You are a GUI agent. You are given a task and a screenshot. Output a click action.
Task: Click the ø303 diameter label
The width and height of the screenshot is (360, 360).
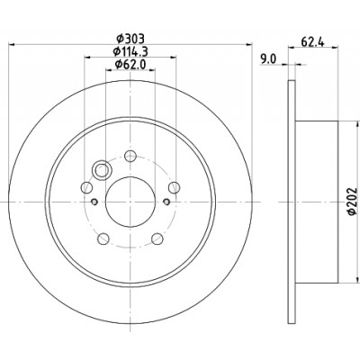point(130,39)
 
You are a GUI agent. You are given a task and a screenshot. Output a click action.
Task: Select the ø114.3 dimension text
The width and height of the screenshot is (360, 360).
point(130,51)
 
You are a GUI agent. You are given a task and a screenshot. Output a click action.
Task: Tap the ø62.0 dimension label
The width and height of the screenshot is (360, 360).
point(130,64)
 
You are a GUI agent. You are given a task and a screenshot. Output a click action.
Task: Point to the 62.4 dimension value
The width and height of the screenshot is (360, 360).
point(312,42)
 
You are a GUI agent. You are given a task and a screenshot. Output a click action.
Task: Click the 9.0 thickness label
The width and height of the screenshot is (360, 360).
point(268,59)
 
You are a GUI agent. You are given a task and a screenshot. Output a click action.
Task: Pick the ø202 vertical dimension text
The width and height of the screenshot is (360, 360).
point(352,201)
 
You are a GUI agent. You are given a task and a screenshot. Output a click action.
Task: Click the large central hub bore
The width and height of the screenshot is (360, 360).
point(130,202)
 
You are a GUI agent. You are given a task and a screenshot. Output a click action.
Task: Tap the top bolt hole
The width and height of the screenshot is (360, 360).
point(130,156)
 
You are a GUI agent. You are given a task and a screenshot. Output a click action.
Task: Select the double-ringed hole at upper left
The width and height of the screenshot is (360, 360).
point(102,171)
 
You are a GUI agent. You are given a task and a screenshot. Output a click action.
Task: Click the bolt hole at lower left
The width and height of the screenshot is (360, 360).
point(103,238)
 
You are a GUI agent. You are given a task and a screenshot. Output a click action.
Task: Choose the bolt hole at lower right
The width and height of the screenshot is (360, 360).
point(157,238)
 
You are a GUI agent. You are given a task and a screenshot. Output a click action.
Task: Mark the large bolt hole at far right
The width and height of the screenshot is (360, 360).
point(175,187)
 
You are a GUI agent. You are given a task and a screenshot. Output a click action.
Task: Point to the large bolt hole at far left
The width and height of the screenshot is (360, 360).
point(86,187)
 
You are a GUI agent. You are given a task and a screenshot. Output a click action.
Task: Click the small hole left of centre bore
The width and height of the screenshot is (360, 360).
point(94,202)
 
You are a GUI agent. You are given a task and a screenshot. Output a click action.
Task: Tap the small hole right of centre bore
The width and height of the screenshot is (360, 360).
point(166,202)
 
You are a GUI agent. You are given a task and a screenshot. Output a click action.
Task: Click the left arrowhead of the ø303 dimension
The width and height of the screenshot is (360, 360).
point(12,45)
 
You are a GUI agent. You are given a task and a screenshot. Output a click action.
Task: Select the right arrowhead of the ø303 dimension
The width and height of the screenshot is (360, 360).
point(249,45)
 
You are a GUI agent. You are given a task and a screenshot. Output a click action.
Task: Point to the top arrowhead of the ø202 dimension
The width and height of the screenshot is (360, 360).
point(356,124)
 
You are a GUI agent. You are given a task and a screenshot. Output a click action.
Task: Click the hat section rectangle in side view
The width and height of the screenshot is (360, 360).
point(317,202)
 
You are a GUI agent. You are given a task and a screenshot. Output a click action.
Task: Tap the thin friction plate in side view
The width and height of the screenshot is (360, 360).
point(292,202)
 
